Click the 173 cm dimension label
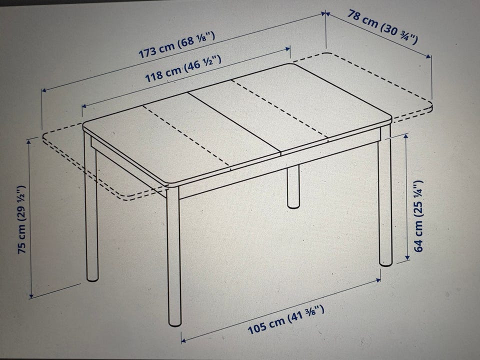point(177,44)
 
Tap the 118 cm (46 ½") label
point(183,69)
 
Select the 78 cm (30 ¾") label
point(382,26)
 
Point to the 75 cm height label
point(22,219)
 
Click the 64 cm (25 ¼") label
point(418,216)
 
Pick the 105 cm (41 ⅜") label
point(286,320)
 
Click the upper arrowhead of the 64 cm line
point(406,136)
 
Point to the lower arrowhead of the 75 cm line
point(31,295)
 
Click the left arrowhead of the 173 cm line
point(44,90)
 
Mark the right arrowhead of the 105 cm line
point(378,280)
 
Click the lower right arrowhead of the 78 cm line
point(428,56)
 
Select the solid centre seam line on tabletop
point(234,122)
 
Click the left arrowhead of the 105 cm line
point(183,340)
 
